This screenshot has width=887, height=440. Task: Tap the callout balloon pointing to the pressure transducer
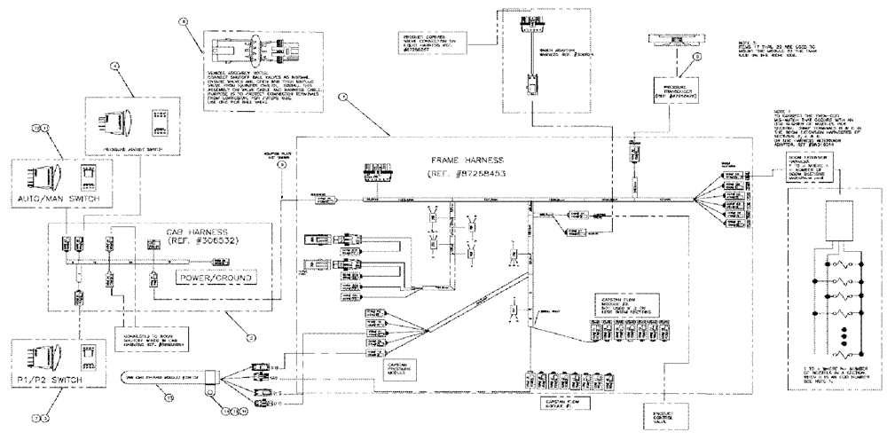click(x=695, y=58)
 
